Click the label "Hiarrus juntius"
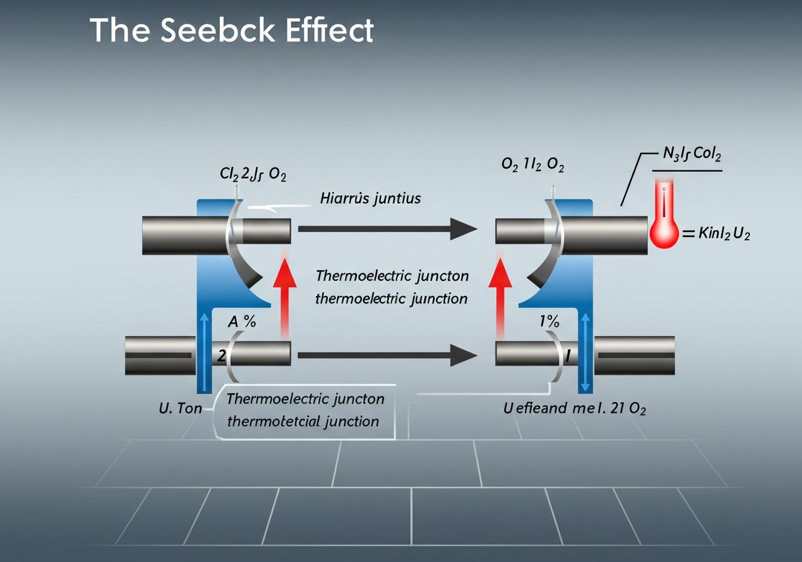pos(370,199)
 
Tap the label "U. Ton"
pos(180,408)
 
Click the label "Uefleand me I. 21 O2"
pos(575,408)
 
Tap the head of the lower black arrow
pos(464,355)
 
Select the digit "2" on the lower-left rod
pos(221,355)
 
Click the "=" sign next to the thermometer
pos(688,235)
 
